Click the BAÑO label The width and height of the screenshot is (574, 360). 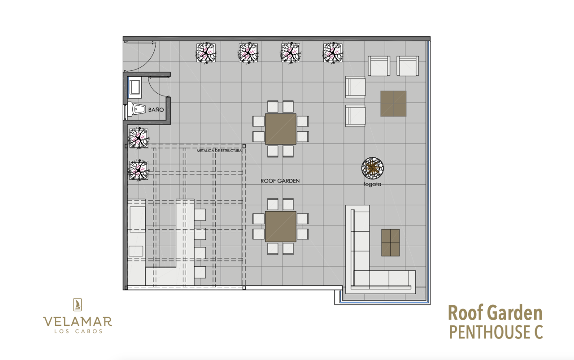tap(156, 110)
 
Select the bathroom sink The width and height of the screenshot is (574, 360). tap(135, 87)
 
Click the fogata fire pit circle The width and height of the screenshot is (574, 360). tap(373, 168)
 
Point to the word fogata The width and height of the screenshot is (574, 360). tap(372, 184)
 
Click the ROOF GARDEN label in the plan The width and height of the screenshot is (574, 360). tap(280, 181)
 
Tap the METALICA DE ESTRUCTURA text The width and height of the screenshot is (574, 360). tap(219, 151)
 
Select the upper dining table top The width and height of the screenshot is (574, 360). tap(281, 129)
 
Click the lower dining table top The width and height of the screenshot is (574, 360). tap(281, 226)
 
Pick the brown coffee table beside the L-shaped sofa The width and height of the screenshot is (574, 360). tap(390, 243)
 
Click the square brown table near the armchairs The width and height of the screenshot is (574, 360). tap(393, 104)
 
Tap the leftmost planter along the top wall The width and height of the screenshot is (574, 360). tap(206, 53)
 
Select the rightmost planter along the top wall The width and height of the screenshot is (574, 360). tap(333, 53)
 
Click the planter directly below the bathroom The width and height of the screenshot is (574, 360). tap(139, 139)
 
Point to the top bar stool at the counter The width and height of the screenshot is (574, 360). tap(200, 215)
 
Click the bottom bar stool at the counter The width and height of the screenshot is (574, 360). tap(200, 272)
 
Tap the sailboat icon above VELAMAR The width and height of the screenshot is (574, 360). tap(78, 304)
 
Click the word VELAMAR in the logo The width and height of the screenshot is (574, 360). tap(78, 321)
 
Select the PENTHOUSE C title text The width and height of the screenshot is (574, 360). tap(496, 332)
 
